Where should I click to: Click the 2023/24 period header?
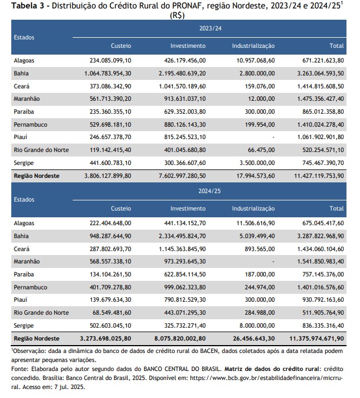click(210, 28)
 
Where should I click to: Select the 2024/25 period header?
click(210, 191)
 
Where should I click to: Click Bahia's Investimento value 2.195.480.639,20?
click(182, 73)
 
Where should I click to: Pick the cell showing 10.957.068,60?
click(256, 60)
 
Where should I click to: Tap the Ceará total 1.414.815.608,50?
click(321, 86)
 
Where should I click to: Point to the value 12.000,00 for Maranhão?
click(261, 99)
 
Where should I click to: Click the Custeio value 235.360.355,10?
click(110, 111)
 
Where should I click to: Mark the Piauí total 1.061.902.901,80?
click(321, 137)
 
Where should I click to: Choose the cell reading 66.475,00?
click(261, 150)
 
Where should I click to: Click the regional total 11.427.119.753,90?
click(319, 176)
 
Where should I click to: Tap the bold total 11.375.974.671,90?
click(317, 338)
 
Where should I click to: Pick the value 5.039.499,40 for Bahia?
click(257, 236)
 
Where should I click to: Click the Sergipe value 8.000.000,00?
click(257, 325)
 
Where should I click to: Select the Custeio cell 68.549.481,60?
click(112, 313)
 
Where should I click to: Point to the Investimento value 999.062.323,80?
click(185, 287)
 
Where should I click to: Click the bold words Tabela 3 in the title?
click(28, 6)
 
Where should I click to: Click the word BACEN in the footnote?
click(209, 351)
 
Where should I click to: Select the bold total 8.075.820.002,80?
click(180, 338)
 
